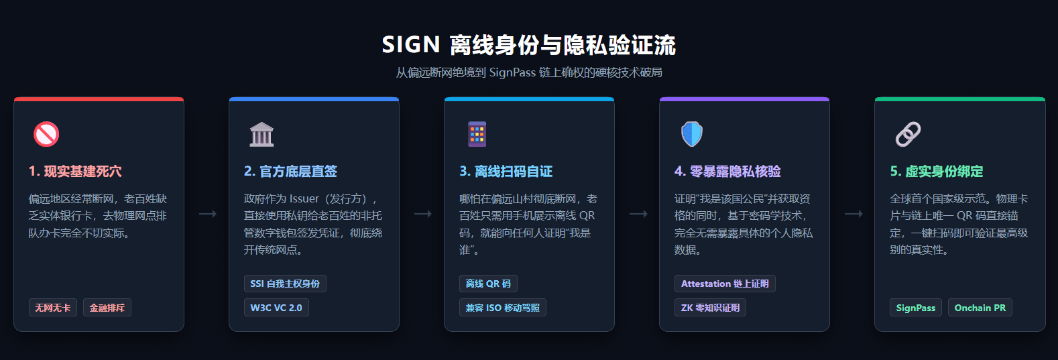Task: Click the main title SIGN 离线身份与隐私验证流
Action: (528, 45)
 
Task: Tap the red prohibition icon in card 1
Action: (46, 134)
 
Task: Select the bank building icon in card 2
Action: (261, 134)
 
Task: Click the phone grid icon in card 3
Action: (477, 134)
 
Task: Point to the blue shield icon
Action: (692, 134)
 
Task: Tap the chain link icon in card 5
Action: (908, 134)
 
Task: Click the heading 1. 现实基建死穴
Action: (75, 172)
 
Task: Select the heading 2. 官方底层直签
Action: (290, 172)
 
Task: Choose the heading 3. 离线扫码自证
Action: (506, 172)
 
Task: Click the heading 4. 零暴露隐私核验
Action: (727, 172)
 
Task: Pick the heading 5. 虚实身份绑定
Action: (936, 172)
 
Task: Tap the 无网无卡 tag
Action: (53, 308)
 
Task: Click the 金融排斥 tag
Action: (107, 308)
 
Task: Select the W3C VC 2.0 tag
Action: (276, 308)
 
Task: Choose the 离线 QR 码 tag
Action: (488, 284)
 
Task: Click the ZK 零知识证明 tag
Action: (710, 308)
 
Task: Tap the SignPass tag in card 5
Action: (915, 308)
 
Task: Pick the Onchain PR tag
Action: (980, 308)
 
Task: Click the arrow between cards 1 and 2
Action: (207, 214)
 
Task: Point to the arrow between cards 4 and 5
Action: (853, 214)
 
